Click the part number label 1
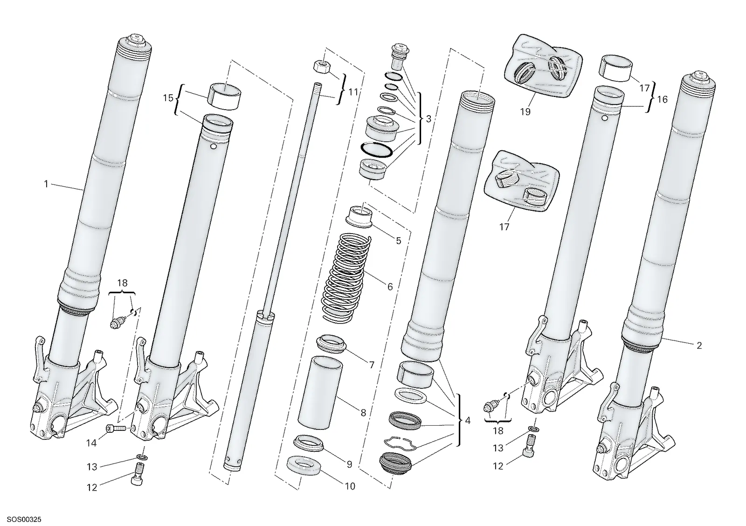tap(46, 184)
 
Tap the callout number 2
tap(699, 346)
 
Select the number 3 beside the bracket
tap(428, 118)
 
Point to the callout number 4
tap(468, 421)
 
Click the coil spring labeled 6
tap(347, 277)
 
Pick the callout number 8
tap(363, 413)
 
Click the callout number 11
tap(352, 91)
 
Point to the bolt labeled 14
tap(116, 429)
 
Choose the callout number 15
tap(168, 98)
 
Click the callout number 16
tap(663, 99)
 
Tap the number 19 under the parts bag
tap(525, 112)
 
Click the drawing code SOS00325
tap(24, 519)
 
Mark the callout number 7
tap(372, 365)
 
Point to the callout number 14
tap(91, 443)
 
